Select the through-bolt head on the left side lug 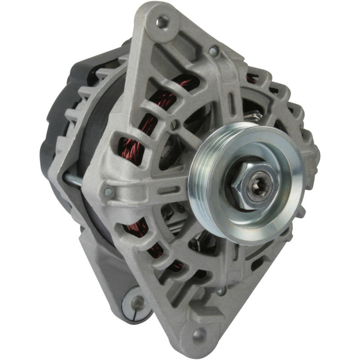108,193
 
